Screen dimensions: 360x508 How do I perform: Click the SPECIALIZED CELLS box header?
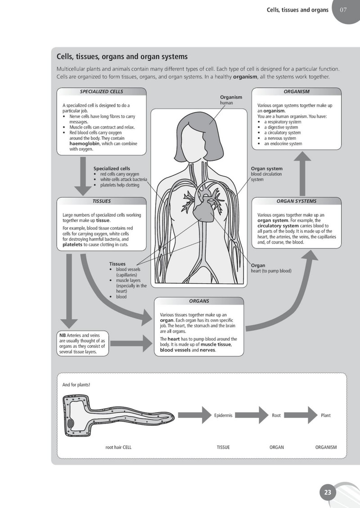(x=102, y=92)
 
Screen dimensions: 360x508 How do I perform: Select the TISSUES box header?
(x=102, y=201)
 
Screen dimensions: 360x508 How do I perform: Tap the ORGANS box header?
(x=199, y=301)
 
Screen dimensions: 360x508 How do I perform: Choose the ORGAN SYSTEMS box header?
(x=297, y=201)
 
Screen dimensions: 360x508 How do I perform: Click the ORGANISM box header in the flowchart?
(x=297, y=92)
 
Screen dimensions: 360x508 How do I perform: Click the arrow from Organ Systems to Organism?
(x=302, y=174)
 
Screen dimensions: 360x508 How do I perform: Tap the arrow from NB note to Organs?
(x=131, y=343)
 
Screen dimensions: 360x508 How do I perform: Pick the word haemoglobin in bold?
(x=85, y=143)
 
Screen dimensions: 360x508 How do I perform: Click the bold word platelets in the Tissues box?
(x=72, y=245)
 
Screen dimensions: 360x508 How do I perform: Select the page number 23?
(x=328, y=492)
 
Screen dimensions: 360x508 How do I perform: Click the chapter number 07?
(x=343, y=10)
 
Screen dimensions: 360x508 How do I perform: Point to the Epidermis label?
(x=223, y=415)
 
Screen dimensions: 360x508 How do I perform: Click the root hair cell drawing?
(x=119, y=415)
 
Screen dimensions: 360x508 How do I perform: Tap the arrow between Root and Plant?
(x=301, y=415)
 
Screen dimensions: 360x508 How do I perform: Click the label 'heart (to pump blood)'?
(x=271, y=271)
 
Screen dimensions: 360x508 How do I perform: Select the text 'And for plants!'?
(x=76, y=385)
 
